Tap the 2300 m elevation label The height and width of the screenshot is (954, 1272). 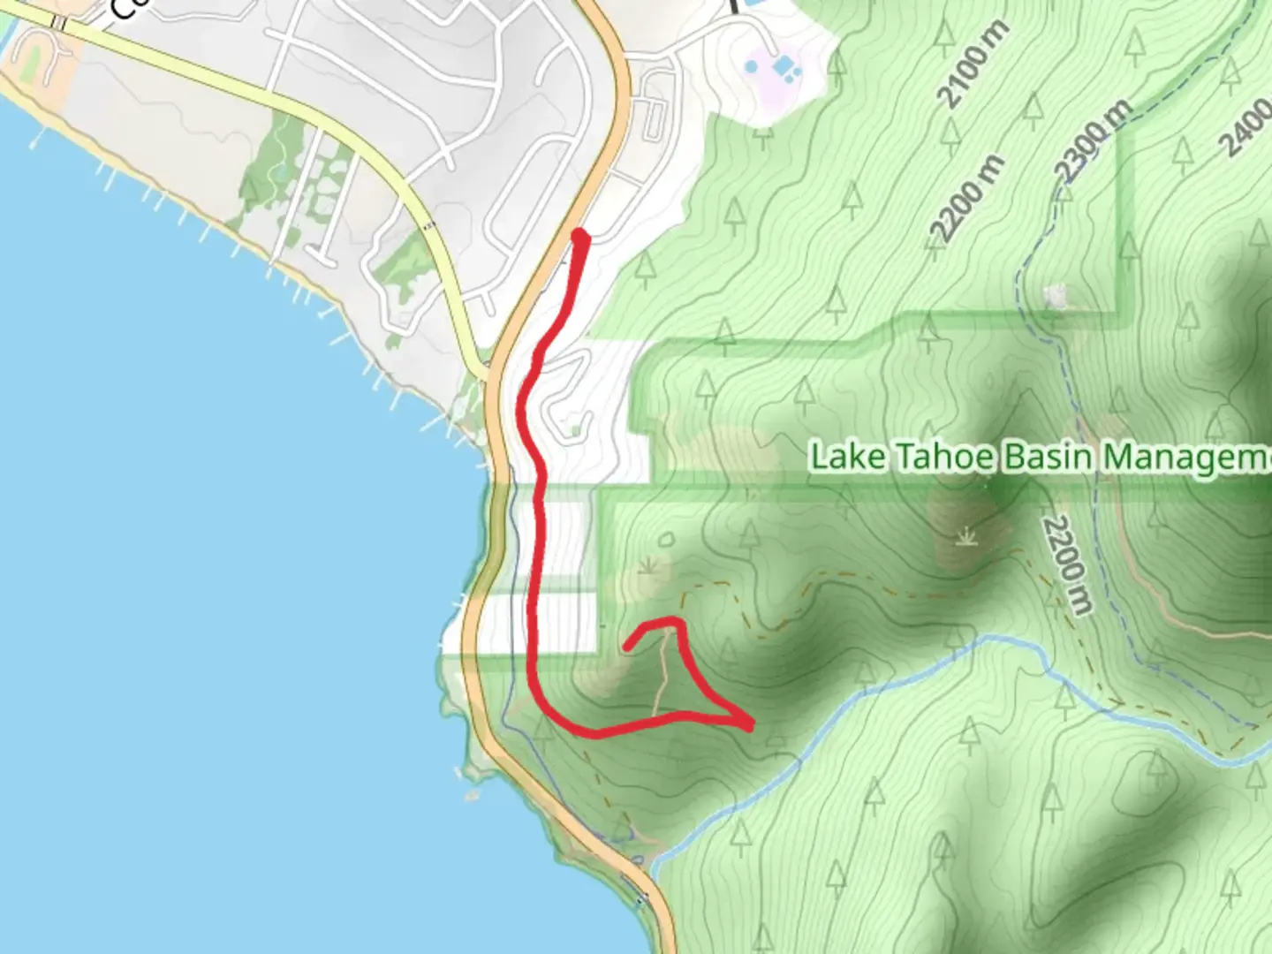point(1095,140)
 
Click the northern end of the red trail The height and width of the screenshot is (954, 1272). point(580,236)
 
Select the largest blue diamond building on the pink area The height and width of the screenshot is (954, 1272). point(783,65)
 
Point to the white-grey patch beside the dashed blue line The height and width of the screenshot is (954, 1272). point(1054,297)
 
